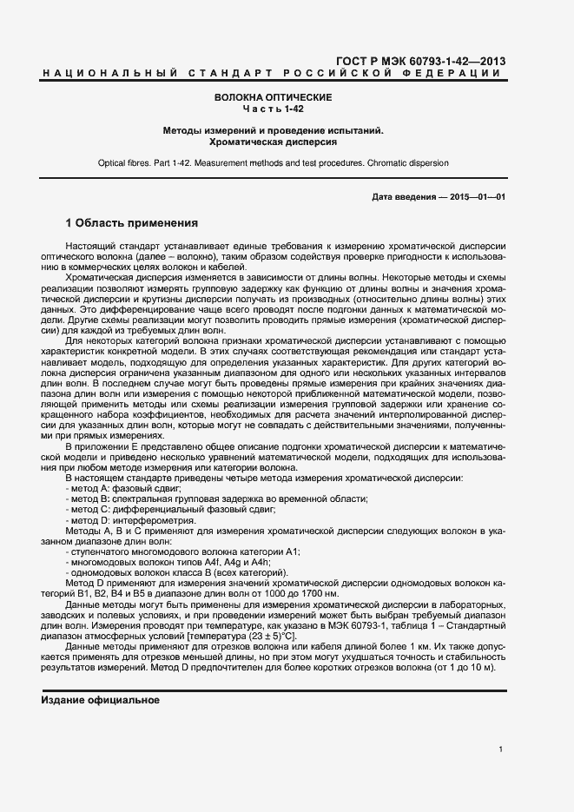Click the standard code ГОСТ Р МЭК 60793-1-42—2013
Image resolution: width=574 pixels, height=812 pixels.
419,62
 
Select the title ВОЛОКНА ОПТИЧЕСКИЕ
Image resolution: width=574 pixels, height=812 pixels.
274,97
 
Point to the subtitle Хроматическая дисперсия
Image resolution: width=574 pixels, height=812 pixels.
274,141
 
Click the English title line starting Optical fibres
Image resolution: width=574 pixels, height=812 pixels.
274,162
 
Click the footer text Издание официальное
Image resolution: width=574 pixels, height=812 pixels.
101,699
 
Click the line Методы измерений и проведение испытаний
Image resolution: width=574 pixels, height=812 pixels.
274,129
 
